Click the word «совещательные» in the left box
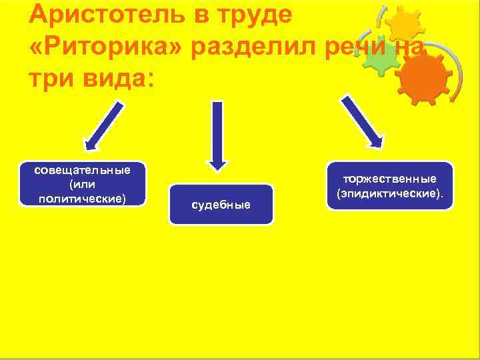point(83,169)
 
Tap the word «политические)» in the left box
point(83,197)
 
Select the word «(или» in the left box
point(83,183)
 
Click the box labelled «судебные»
point(221,204)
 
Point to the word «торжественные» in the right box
point(390,179)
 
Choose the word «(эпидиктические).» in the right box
point(390,193)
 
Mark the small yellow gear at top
point(404,25)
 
